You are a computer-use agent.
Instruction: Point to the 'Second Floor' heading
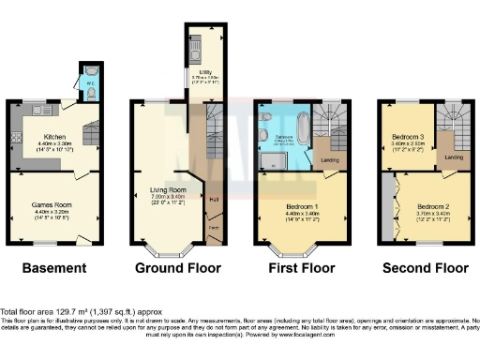(426, 269)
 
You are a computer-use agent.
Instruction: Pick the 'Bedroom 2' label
(433, 206)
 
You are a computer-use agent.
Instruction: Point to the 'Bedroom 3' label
(408, 137)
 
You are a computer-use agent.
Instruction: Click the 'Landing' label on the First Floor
(330, 160)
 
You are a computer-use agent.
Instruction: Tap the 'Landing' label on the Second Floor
(454, 157)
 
